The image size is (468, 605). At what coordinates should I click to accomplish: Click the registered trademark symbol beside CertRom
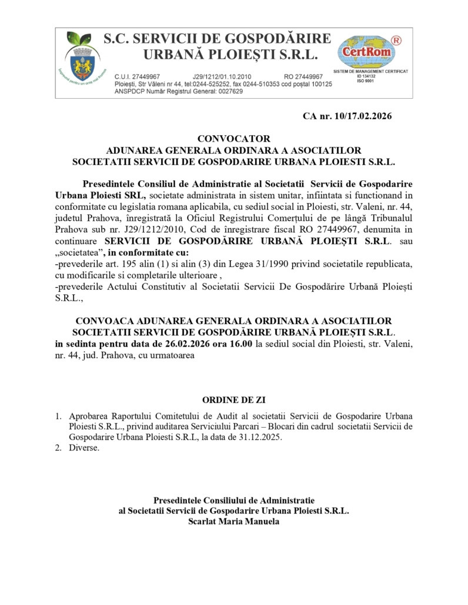point(396,40)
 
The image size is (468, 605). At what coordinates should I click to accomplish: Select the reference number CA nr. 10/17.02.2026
point(347,116)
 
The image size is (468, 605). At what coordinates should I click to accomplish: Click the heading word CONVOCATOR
point(233,139)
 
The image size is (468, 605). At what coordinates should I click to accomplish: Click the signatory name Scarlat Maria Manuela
point(233,521)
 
